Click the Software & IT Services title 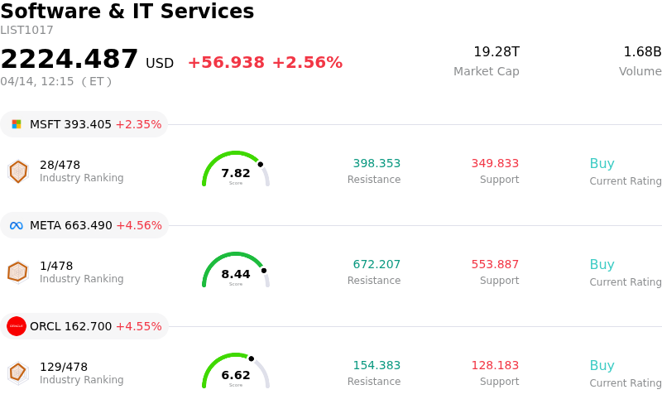tap(127, 12)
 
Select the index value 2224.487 tap(70, 60)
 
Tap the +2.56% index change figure tap(307, 63)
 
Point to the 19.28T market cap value tap(496, 52)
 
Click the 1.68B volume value tap(642, 52)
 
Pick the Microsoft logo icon tap(17, 124)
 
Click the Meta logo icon tap(17, 225)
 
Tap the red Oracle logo tap(17, 326)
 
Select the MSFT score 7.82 tap(236, 173)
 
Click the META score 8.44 tap(236, 274)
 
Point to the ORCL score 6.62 tap(236, 375)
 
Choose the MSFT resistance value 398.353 tap(377, 164)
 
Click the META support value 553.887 tap(495, 265)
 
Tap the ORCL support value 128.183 tap(495, 366)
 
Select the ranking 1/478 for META tap(56, 266)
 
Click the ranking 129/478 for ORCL tap(64, 367)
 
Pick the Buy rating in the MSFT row tap(602, 164)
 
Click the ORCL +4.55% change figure tap(138, 326)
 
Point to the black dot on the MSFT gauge tap(260, 164)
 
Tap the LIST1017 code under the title tap(26, 31)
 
